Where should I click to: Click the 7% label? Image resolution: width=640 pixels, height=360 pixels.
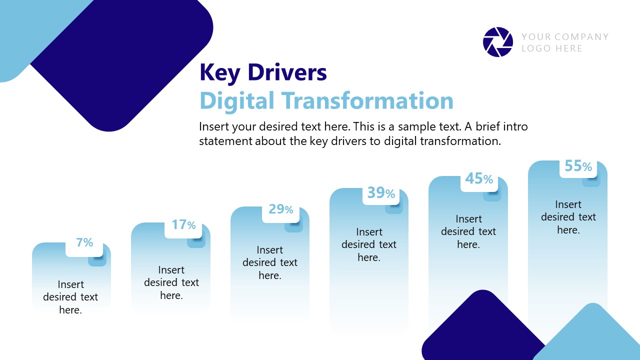click(x=84, y=242)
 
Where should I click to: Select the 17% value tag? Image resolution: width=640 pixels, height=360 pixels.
click(x=183, y=225)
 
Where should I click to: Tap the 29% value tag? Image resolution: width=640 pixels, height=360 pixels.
click(x=281, y=209)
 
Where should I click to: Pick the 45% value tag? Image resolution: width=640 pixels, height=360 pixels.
click(x=479, y=178)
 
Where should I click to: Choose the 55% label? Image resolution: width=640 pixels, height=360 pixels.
click(x=578, y=166)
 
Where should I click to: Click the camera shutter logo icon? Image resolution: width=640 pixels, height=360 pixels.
click(x=498, y=42)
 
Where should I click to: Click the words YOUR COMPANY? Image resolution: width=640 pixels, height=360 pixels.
click(x=565, y=36)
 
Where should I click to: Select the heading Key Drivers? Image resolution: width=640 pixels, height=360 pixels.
click(x=263, y=72)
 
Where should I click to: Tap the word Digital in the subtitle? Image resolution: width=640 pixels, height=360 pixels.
click(x=237, y=100)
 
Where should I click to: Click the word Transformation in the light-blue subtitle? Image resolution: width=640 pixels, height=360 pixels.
click(x=367, y=100)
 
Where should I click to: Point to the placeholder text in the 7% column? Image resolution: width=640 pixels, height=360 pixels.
click(x=70, y=297)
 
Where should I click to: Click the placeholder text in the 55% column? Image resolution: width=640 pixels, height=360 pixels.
click(x=568, y=217)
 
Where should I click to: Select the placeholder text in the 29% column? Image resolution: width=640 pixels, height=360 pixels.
click(x=270, y=262)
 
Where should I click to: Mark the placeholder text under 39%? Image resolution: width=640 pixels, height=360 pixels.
click(x=369, y=244)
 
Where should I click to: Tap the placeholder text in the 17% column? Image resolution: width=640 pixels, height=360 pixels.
click(x=171, y=282)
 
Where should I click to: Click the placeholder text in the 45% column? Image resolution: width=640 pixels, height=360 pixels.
click(x=468, y=231)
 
